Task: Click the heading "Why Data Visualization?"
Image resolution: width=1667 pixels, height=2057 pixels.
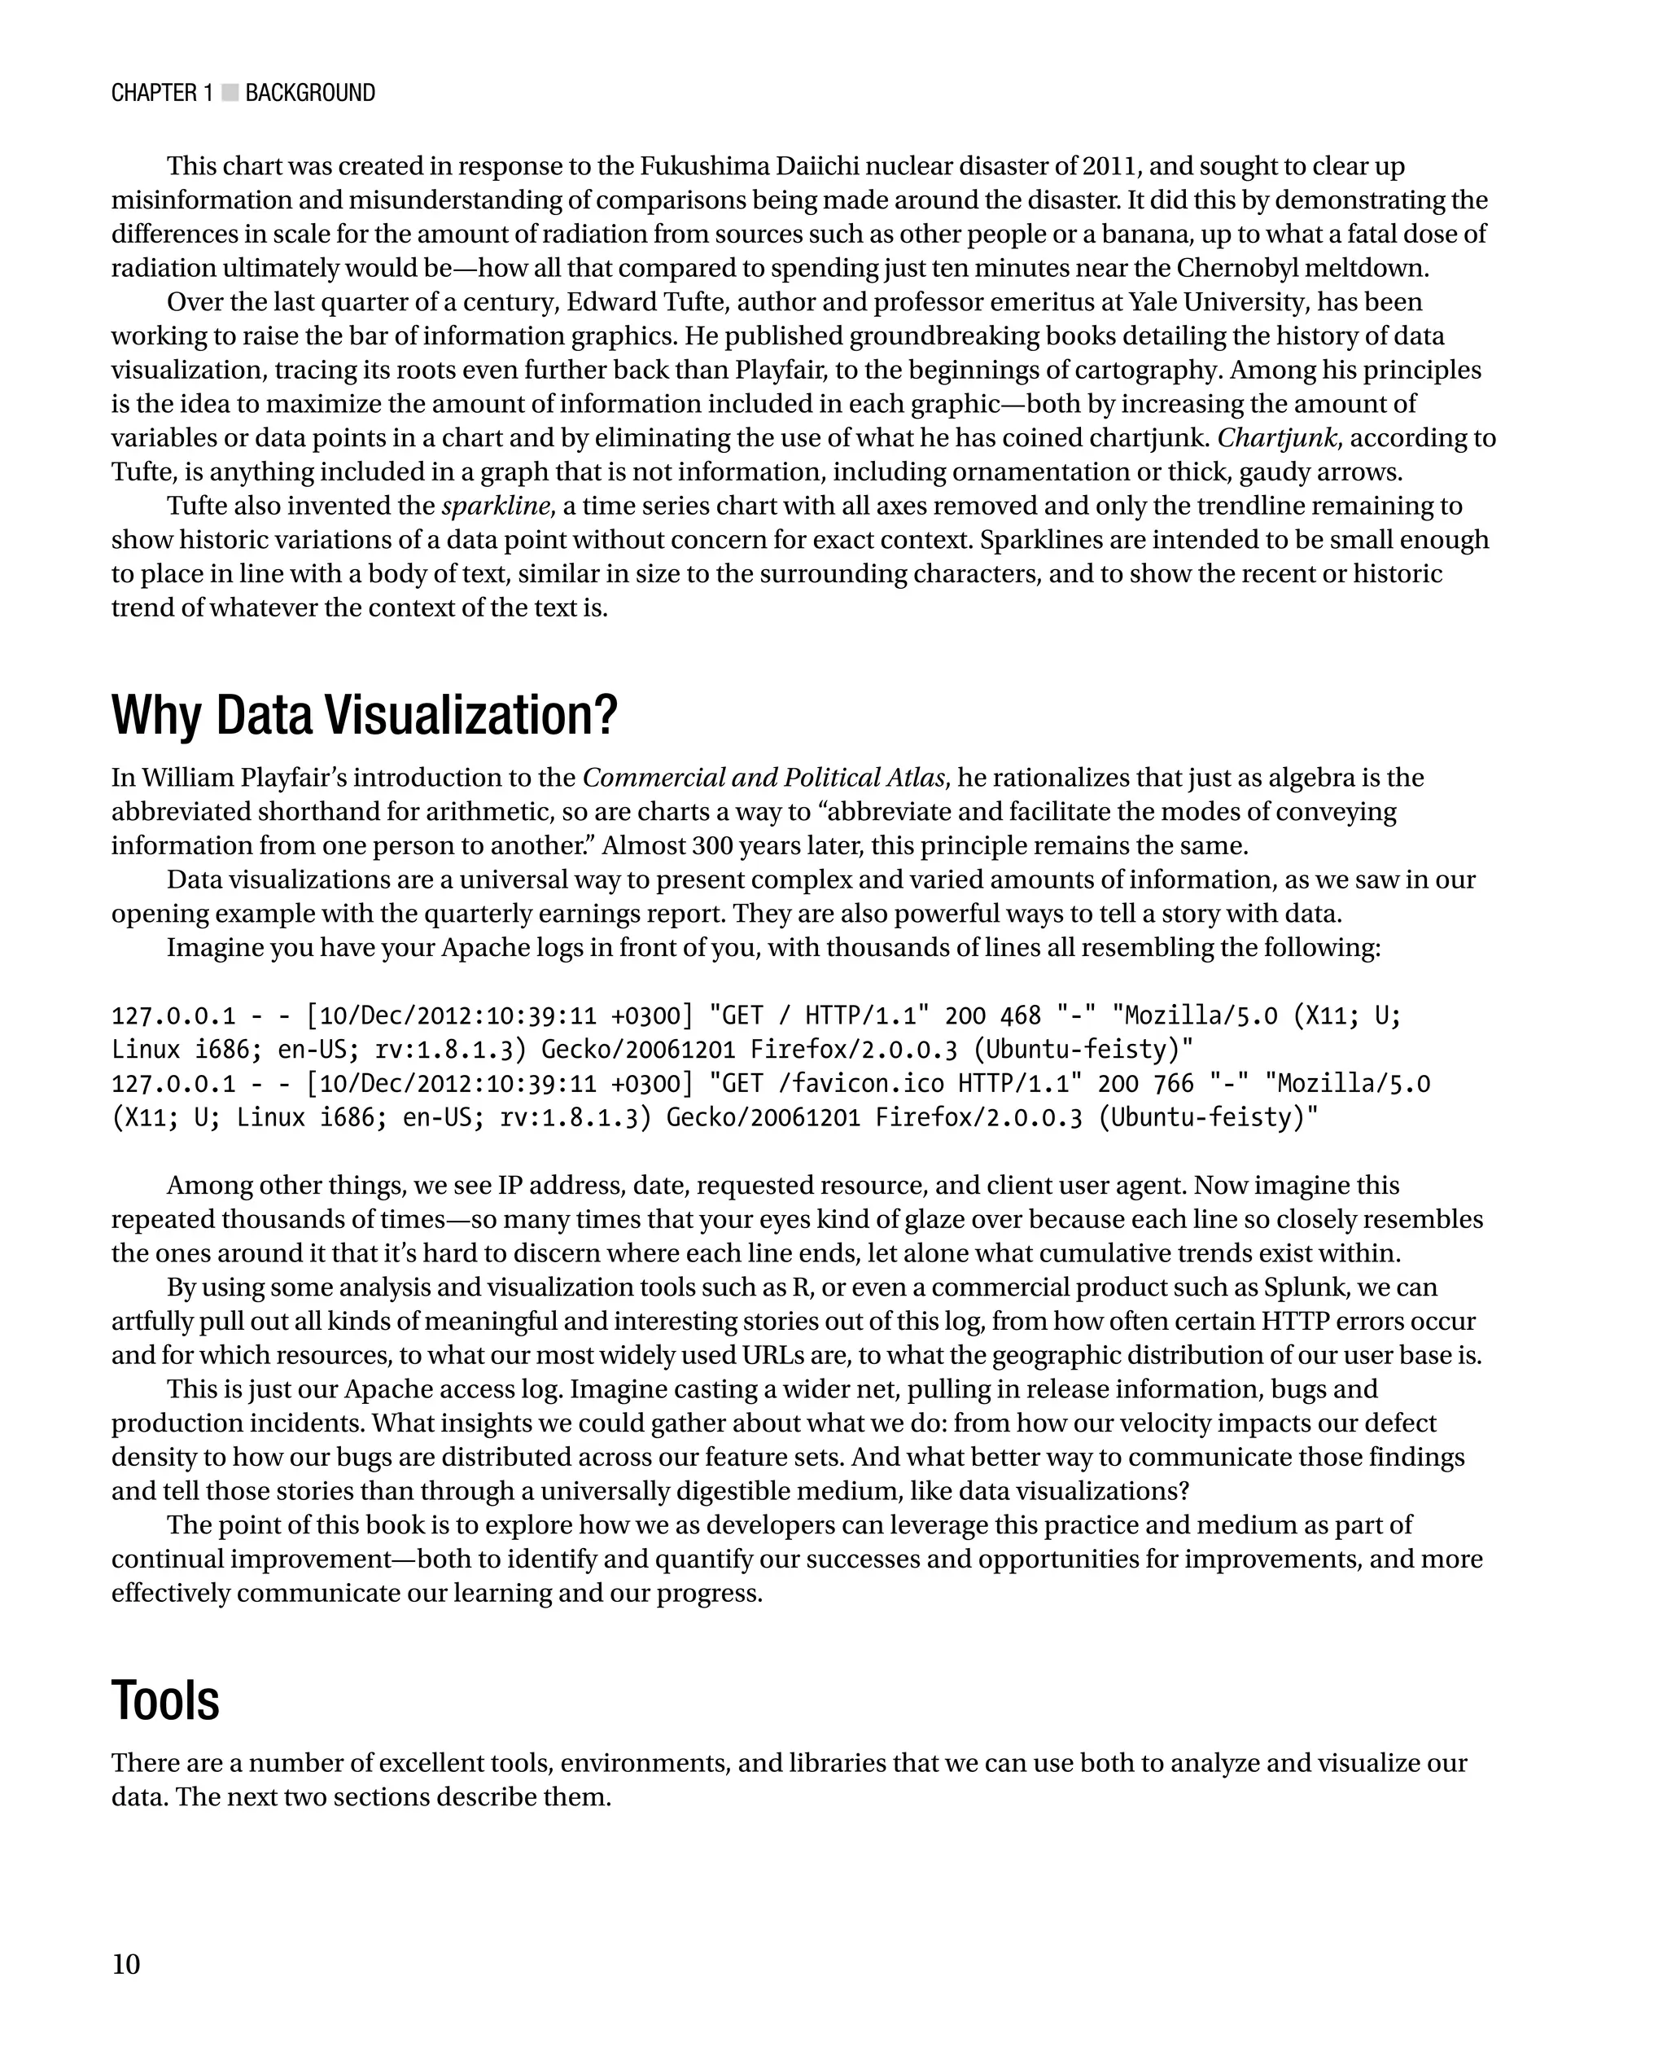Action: click(364, 716)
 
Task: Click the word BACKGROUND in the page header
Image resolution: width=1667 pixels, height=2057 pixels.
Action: click(309, 93)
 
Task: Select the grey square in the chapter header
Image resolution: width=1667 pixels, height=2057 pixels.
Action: click(230, 92)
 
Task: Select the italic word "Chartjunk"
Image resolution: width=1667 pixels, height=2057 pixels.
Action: click(1277, 438)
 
